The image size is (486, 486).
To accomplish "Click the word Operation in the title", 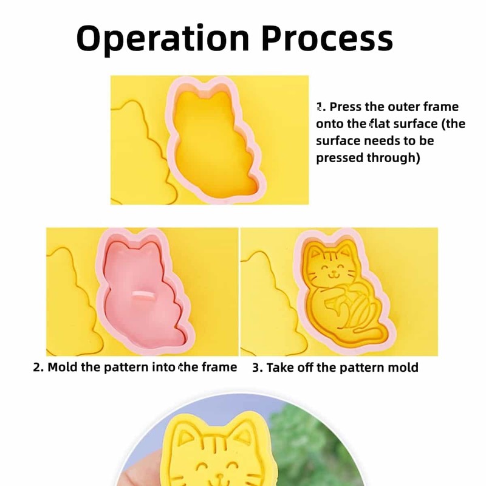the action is [163, 38].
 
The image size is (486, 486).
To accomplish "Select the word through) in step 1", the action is [393, 158].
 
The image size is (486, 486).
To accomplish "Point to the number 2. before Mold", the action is [38, 368].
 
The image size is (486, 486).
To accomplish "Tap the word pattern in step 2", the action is [126, 368].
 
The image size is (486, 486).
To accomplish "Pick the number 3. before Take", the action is [258, 368].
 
